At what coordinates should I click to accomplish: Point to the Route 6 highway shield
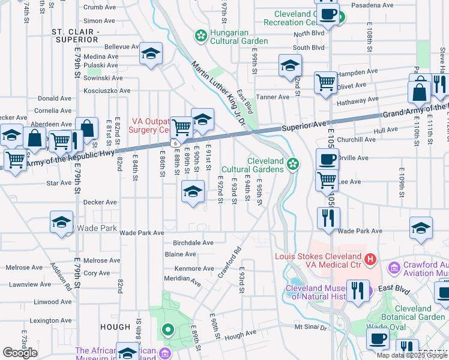[173, 143]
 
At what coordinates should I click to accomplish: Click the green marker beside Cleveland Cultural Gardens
[293, 163]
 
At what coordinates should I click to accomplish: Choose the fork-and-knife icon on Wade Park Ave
[328, 218]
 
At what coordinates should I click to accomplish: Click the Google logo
[20, 353]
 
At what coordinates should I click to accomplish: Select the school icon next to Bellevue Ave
[151, 53]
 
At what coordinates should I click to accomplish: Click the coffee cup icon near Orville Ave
[327, 160]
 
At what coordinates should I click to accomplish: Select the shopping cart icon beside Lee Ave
[327, 179]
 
